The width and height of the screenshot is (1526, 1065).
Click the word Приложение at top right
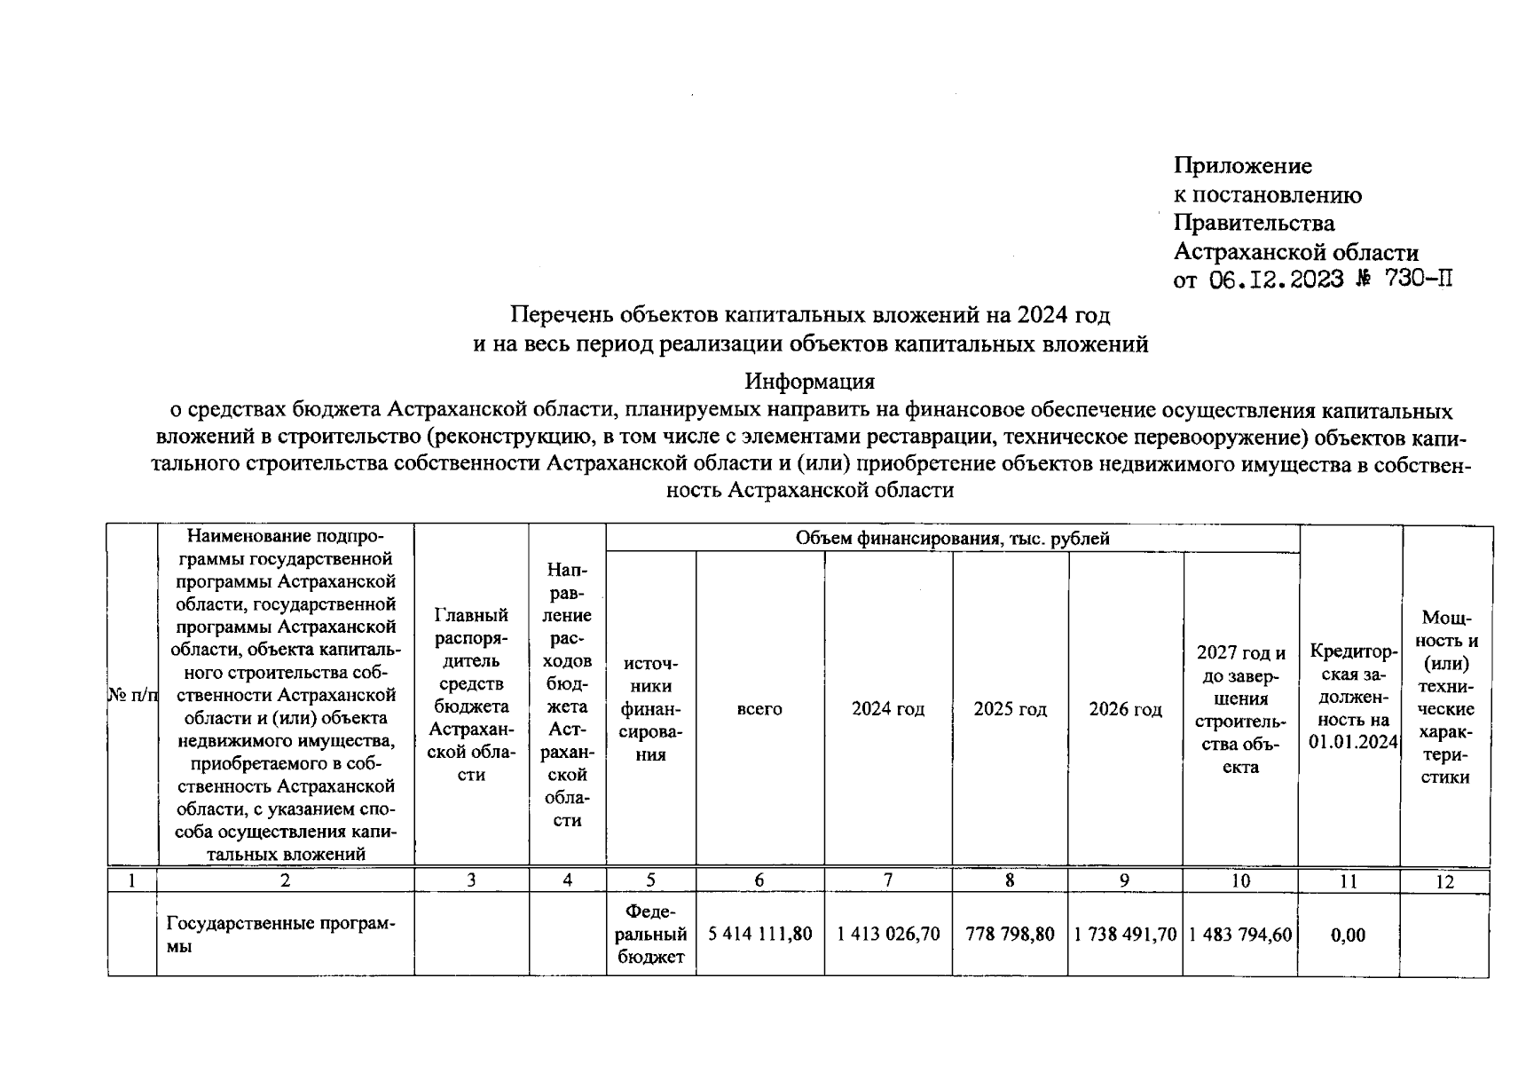(1242, 166)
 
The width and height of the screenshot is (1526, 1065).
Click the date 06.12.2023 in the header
(1276, 280)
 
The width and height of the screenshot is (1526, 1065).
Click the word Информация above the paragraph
(809, 382)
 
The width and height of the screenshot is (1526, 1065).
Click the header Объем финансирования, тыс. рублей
(952, 539)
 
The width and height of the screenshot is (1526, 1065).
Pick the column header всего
(759, 709)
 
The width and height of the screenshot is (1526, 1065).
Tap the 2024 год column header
(888, 709)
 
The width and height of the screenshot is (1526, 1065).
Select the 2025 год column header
(1010, 709)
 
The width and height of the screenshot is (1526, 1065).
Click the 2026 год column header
(1125, 709)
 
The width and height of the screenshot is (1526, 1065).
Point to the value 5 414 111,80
(760, 935)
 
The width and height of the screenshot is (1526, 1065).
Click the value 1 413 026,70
(888, 935)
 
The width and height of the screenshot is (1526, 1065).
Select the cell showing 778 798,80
(1010, 935)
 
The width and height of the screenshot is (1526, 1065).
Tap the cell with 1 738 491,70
(1125, 935)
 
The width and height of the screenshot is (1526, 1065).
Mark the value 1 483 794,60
(1240, 935)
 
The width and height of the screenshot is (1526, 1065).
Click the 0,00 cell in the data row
(1349, 935)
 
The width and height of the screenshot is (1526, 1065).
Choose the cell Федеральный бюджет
(651, 935)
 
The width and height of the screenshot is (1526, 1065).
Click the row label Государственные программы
(280, 935)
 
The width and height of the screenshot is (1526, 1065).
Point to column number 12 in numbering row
(1444, 881)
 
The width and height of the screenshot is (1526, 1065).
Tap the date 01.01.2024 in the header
(1353, 742)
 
